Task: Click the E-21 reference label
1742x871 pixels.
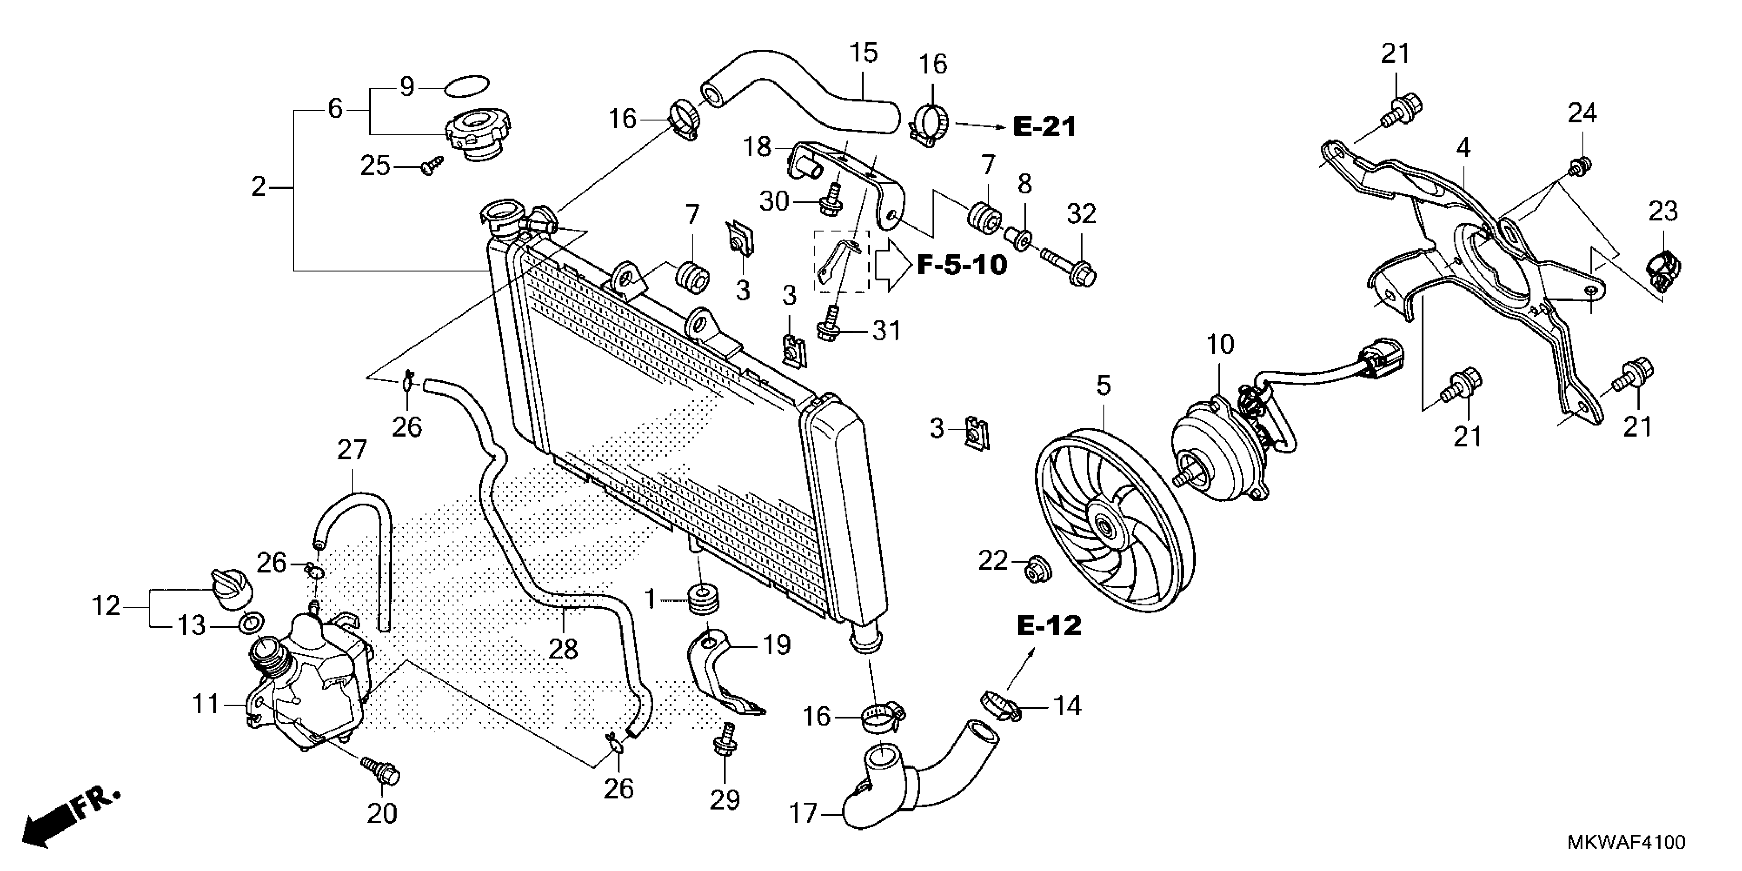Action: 1044,127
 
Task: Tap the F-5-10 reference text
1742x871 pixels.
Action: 962,264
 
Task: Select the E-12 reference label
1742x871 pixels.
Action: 1049,626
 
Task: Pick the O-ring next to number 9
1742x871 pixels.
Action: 467,87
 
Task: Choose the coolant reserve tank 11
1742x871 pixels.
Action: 308,683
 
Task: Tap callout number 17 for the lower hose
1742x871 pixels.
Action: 803,814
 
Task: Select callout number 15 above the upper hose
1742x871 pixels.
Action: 863,53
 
